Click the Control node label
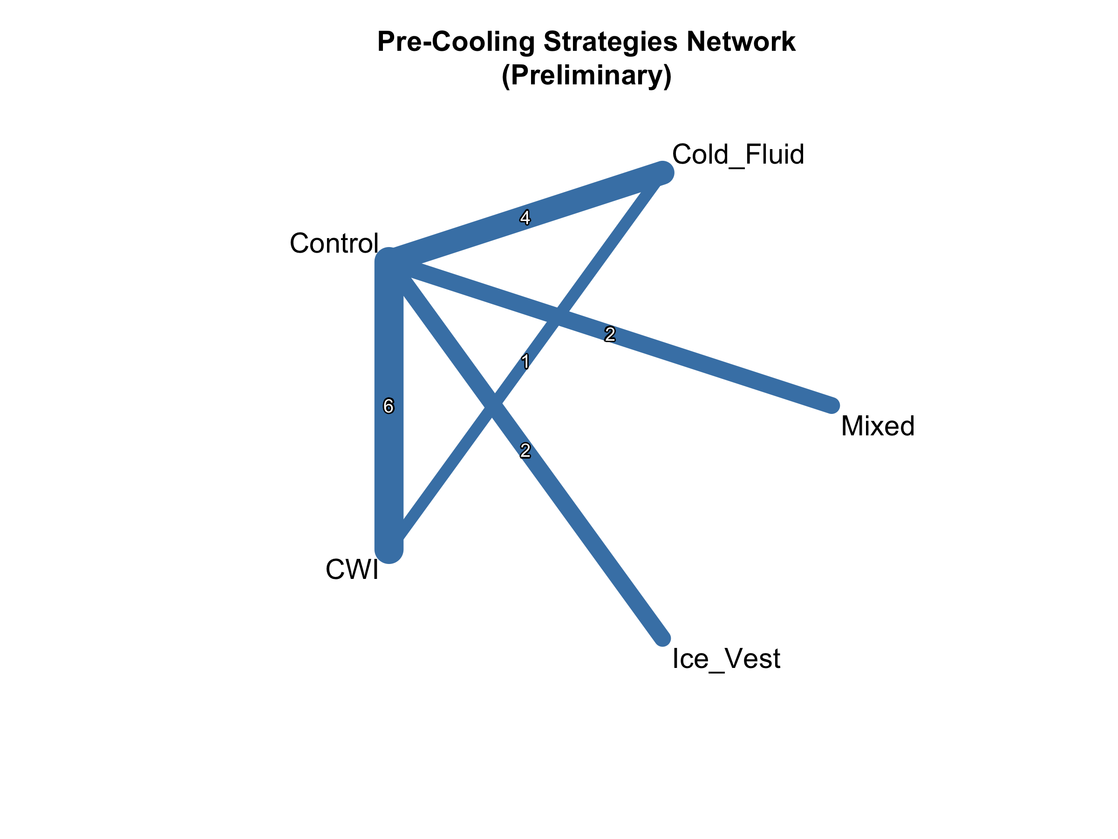click(334, 243)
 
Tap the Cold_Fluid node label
click(737, 154)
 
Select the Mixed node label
click(878, 426)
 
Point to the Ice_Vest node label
click(726, 659)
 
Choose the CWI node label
click(352, 570)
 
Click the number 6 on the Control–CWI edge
click(388, 406)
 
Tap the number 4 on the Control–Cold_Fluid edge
click(525, 218)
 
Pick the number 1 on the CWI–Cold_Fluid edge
click(525, 362)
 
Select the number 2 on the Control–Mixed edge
click(610, 334)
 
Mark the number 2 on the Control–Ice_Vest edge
click(525, 450)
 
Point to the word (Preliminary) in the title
click(586, 76)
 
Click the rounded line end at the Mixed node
click(831, 405)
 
